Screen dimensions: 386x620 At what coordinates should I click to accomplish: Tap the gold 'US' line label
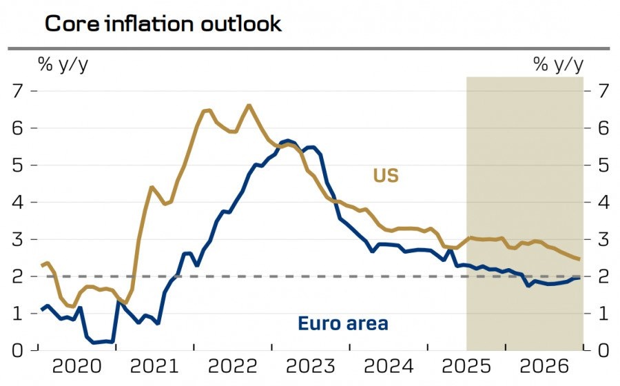coord(386,175)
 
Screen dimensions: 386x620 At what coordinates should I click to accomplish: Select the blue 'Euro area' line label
coord(342,323)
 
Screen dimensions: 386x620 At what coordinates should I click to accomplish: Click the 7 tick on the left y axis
coord(18,90)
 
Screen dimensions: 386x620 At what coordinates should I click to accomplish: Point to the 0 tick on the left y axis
coord(18,350)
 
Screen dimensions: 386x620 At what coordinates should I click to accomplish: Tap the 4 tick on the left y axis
coord(18,202)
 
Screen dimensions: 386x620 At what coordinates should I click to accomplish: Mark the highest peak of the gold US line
coord(249,105)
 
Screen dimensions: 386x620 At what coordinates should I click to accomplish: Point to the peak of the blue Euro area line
coord(288,140)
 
